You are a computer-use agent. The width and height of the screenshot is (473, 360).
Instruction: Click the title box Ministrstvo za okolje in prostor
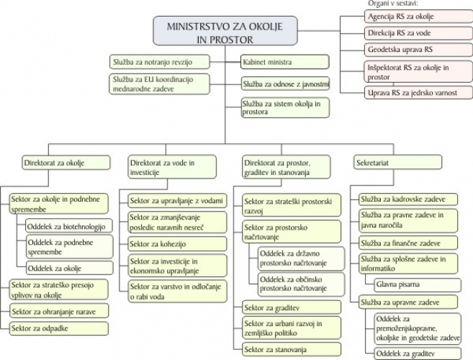[x=225, y=32]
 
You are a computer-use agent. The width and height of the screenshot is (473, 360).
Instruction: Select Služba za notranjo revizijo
[x=160, y=62]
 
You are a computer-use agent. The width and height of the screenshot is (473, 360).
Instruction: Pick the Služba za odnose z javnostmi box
[x=285, y=84]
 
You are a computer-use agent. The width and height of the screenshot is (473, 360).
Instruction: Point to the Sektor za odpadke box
[x=58, y=328]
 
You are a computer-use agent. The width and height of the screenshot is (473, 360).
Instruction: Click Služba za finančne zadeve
[x=407, y=243]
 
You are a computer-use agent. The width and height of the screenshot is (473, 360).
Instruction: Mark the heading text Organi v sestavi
[x=389, y=3]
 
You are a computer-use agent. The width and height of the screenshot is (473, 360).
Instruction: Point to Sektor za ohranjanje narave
[x=58, y=311]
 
